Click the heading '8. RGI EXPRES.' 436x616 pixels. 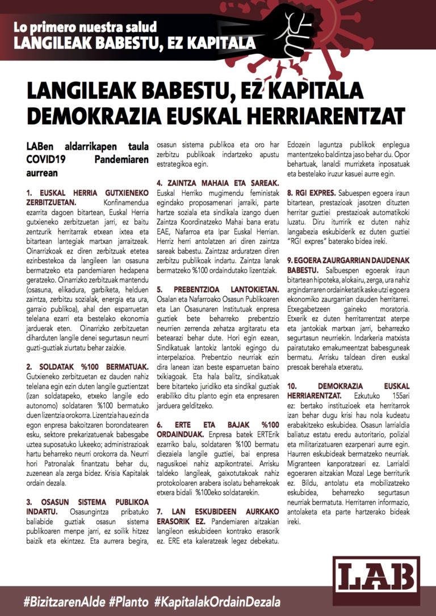tap(310, 192)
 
